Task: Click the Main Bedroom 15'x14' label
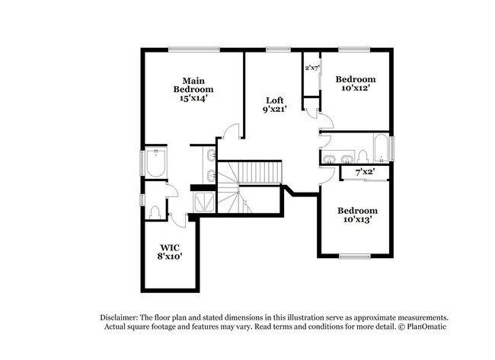[192, 89]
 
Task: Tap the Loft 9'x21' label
[275, 105]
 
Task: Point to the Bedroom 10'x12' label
[356, 84]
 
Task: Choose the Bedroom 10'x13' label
[357, 215]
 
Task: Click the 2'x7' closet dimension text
[311, 68]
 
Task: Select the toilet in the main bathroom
[155, 211]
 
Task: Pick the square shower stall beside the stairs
[205, 201]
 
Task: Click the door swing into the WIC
[178, 219]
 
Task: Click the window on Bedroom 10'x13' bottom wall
[355, 256]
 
